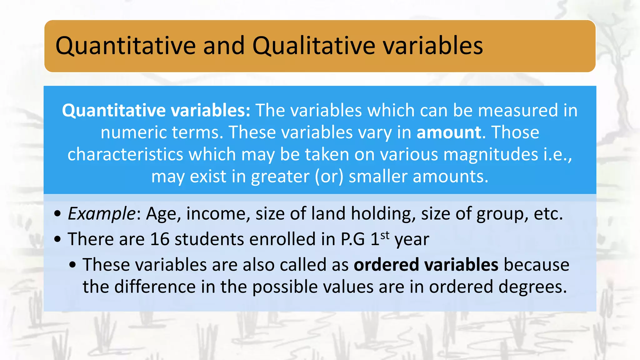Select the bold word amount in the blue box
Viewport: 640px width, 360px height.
(x=449, y=132)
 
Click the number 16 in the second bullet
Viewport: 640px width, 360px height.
(x=160, y=239)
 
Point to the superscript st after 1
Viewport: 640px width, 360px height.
(x=385, y=235)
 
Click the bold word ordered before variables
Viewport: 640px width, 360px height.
(x=386, y=265)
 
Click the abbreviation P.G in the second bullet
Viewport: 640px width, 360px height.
(x=352, y=239)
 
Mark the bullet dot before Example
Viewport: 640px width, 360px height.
(x=57, y=214)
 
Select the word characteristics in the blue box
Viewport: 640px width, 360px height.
(x=125, y=154)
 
